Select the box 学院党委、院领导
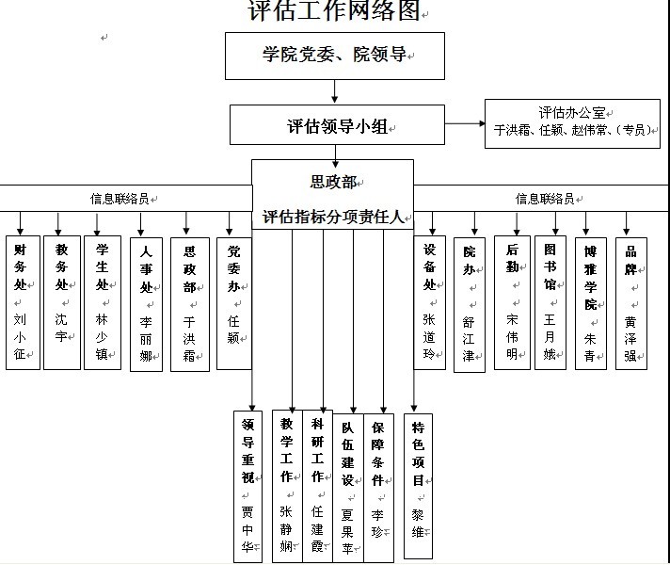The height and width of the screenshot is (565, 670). pos(334,56)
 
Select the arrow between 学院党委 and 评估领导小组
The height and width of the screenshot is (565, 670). pos(335,91)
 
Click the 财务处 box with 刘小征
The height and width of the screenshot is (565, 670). pos(23,301)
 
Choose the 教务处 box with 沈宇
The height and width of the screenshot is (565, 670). pos(62,301)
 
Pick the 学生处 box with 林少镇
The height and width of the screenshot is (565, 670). pos(102,301)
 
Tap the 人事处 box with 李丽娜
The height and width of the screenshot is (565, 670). pos(146,304)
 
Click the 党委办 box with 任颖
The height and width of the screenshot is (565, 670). pos(234,301)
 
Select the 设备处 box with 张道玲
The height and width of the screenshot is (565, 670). pos(430,301)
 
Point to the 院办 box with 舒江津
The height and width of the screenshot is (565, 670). pos(469,304)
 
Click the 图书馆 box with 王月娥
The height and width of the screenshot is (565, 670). pos(550,301)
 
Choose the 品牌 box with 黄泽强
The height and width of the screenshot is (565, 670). pos(630,301)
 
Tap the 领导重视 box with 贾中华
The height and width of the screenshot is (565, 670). pos(248,485)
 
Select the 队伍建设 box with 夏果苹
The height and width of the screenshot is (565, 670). pos(347,485)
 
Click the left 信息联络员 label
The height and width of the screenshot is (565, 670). pos(120,199)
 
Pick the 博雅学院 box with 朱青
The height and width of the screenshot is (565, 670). pos(590,301)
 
